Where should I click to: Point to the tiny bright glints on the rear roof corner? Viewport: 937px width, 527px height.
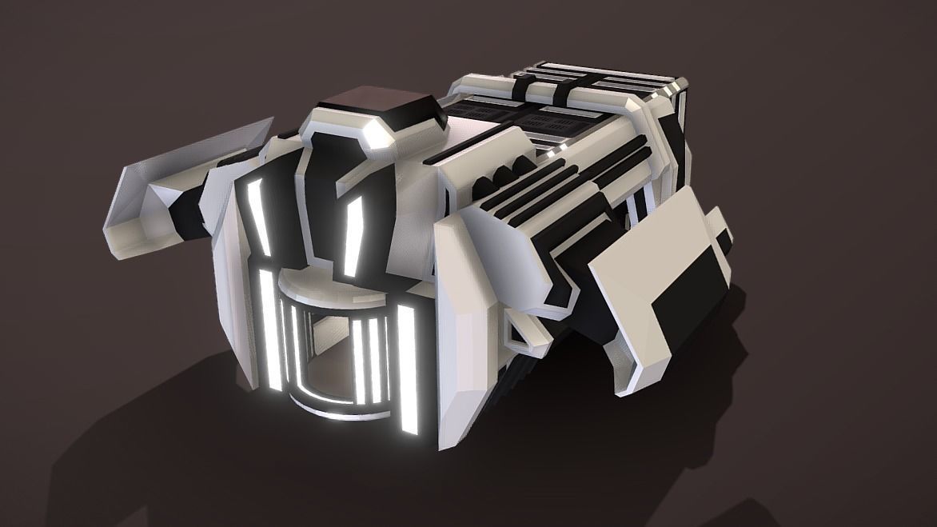[x=680, y=84]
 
